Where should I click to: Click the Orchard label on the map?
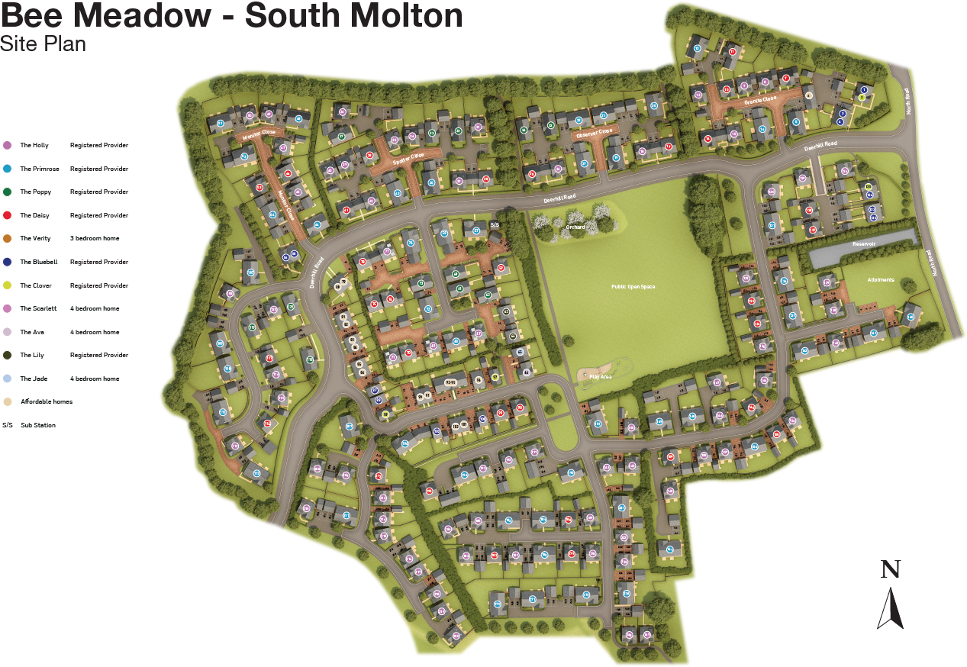point(575,227)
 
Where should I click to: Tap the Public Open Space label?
point(633,287)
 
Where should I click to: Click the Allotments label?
point(880,280)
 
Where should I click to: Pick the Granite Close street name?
point(760,99)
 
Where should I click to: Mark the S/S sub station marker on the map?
point(495,225)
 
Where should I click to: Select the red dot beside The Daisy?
point(7,215)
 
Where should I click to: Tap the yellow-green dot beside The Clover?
point(7,285)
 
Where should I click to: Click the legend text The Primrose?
point(36,169)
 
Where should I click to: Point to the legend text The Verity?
point(35,239)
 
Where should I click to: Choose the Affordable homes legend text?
point(47,401)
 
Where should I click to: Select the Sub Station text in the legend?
point(38,425)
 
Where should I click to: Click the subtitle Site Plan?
point(43,44)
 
